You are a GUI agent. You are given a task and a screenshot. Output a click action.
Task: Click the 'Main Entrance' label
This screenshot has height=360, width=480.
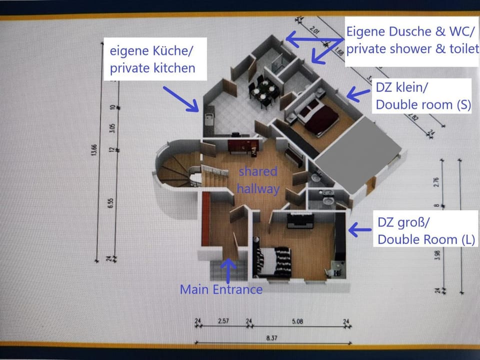(221, 289)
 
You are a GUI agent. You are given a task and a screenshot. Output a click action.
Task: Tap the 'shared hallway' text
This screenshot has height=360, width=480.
(257, 179)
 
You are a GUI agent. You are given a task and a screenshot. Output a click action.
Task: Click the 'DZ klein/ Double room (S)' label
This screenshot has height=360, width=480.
(423, 96)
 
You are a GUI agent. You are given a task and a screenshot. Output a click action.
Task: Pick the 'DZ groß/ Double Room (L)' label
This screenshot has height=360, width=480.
(425, 231)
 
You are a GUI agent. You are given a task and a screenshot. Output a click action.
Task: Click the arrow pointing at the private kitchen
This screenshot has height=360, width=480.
(180, 97)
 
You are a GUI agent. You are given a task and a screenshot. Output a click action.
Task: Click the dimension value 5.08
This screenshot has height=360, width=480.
(297, 321)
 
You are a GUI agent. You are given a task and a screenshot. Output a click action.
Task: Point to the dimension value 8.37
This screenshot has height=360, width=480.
(271, 338)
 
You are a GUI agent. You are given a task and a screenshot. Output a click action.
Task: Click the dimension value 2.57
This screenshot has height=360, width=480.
(223, 321)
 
